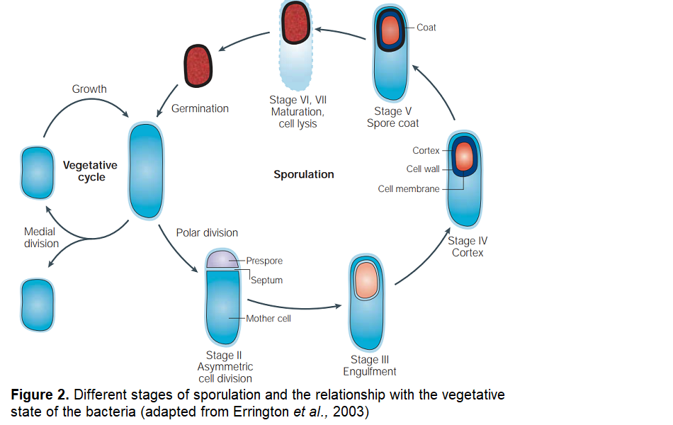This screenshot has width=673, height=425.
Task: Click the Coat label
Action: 426,28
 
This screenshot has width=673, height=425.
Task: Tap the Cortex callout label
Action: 426,151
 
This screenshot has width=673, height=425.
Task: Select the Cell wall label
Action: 423,169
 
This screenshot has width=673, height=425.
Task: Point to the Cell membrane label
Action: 409,189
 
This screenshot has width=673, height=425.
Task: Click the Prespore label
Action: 264,261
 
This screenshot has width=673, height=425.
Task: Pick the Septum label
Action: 267,280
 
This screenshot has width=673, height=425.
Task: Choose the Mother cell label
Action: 268,319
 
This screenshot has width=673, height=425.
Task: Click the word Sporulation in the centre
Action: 304,174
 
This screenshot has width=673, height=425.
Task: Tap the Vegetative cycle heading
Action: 90,171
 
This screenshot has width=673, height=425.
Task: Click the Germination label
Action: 200,109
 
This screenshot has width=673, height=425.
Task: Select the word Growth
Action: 89,89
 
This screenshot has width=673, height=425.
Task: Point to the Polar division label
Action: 207,232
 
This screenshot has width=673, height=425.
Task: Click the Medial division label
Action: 41,238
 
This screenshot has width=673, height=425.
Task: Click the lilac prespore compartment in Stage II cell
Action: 222,259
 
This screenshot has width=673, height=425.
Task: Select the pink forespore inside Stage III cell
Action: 367,279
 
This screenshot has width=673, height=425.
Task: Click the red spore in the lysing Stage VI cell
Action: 297,23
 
